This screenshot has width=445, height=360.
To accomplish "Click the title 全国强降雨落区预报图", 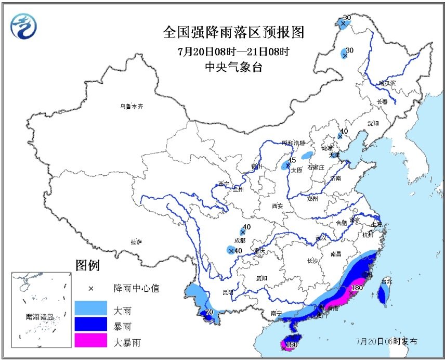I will click(233, 32).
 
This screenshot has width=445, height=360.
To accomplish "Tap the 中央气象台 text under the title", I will click(233, 68).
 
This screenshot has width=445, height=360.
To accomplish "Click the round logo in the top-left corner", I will click(24, 24).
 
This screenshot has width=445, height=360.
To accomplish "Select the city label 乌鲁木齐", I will click(130, 106).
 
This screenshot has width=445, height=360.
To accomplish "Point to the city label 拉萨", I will click(136, 242).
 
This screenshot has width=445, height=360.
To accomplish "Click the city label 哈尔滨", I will click(386, 83).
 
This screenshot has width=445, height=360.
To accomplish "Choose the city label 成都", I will click(240, 241).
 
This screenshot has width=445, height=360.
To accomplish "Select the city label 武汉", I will click(321, 238).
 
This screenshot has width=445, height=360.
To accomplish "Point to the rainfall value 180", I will click(357, 288).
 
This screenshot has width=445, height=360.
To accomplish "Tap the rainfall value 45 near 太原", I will click(292, 160).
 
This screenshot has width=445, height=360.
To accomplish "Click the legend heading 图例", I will click(87, 266).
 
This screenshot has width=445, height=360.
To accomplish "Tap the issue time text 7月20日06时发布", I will click(386, 341).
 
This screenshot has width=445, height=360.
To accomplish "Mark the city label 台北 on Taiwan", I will click(384, 281).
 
